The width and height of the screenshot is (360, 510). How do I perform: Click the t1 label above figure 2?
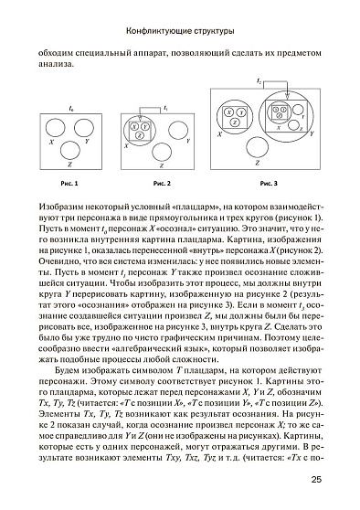pos(165,108)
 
